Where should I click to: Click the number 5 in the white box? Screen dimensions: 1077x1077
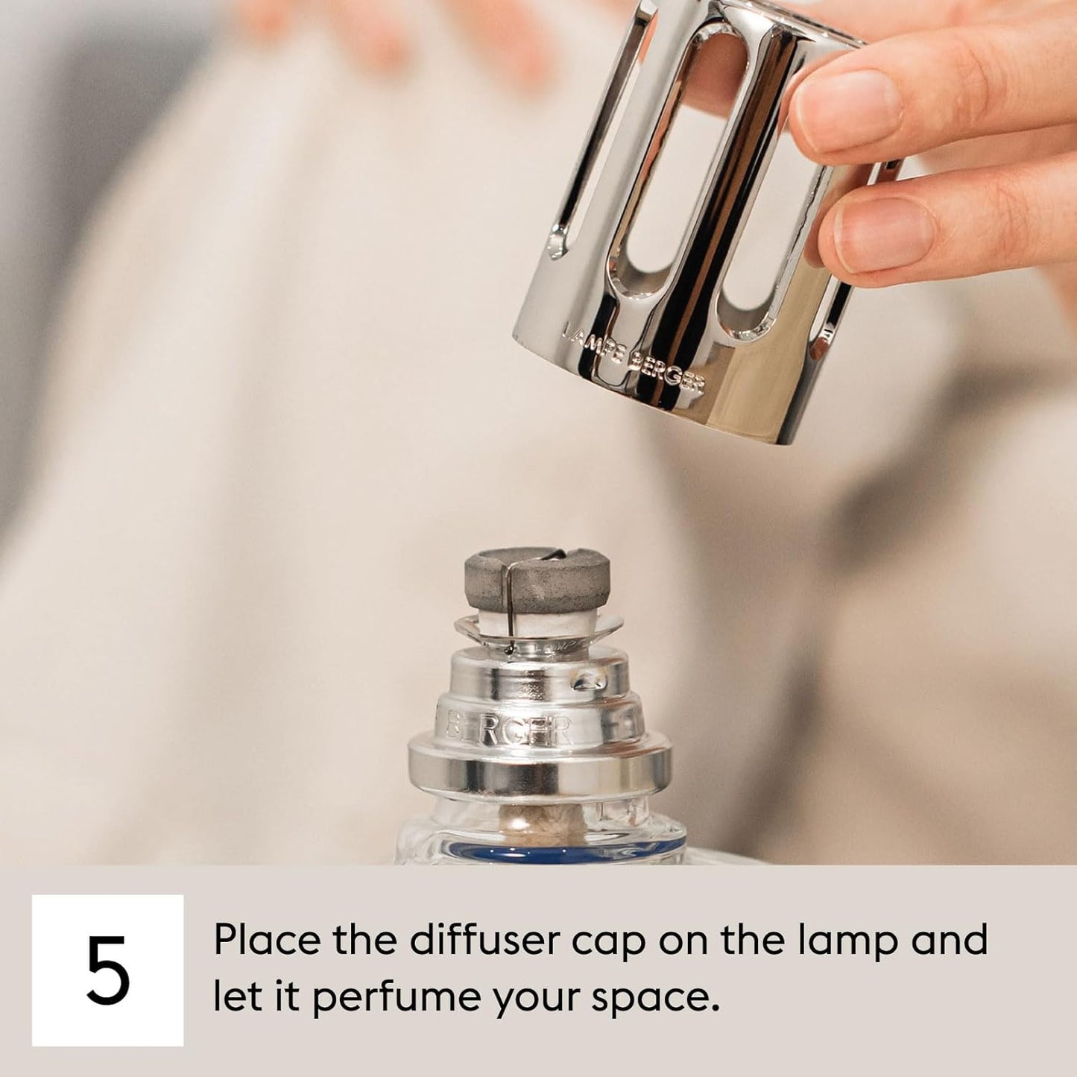(x=108, y=970)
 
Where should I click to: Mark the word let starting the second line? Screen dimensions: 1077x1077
(x=234, y=997)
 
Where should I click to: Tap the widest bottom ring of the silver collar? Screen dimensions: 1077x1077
(x=539, y=768)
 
